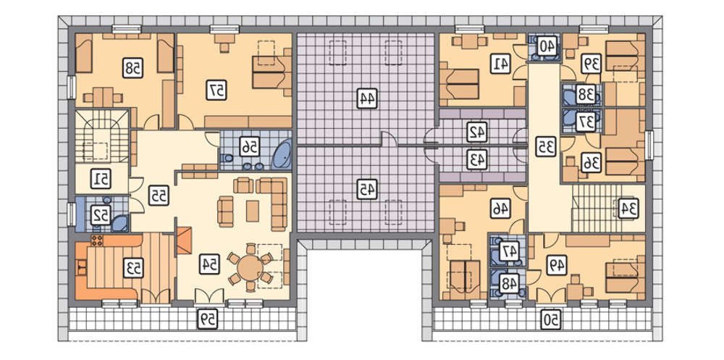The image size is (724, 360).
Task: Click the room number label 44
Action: click(x=367, y=99)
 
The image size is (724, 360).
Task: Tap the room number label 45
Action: click(x=367, y=188)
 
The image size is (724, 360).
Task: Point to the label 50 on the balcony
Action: click(x=551, y=319)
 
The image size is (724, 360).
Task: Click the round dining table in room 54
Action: click(x=251, y=267)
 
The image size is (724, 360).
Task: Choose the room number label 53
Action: click(x=133, y=267)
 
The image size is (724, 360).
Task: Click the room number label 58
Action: click(x=132, y=67)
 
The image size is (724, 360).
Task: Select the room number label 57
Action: click(x=216, y=91)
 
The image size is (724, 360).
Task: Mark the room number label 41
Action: click(x=501, y=64)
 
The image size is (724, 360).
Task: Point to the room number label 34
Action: click(x=628, y=208)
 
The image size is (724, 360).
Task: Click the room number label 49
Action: click(x=556, y=265)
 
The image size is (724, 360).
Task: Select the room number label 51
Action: click(x=100, y=180)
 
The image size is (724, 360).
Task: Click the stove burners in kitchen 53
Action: click(x=97, y=240)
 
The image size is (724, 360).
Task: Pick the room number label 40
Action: click(x=547, y=46)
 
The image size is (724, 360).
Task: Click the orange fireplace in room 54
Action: click(x=184, y=240)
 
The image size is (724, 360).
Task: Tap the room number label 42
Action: click(x=476, y=132)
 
